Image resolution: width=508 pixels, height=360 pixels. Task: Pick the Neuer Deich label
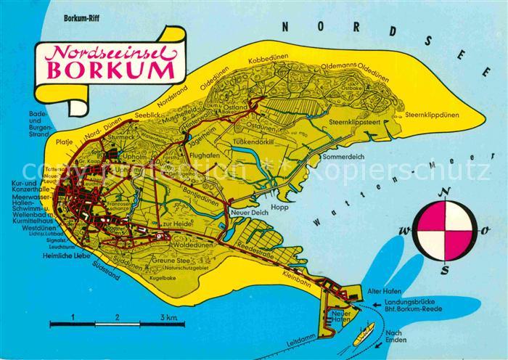(x=245, y=212)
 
